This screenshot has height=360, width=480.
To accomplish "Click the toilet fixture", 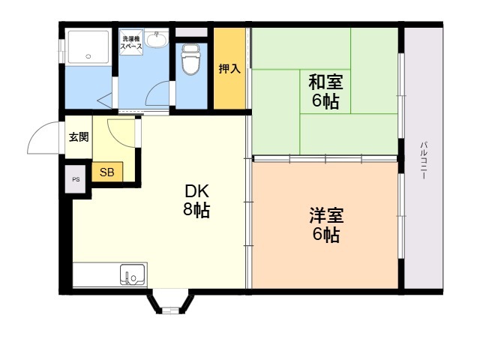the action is tap(190, 59).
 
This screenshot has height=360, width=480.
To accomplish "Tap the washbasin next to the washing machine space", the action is tap(156, 39).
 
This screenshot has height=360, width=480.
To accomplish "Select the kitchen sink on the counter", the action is tap(132, 274).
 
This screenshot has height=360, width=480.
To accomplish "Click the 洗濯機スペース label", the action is tap(131, 43).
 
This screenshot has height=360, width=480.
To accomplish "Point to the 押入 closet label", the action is tap(229, 69).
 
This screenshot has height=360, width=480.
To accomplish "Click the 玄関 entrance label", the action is tap(79, 136).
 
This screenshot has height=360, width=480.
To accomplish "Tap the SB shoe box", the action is tap(107, 172).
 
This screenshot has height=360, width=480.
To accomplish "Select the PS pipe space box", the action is tap(75, 179).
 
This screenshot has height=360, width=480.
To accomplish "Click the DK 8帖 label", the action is tap(196, 201).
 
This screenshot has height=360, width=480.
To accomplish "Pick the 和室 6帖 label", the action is tap(325, 91).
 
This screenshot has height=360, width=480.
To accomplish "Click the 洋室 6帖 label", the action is tap(326, 225).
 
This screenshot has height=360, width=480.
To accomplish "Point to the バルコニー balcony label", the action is tap(424, 160).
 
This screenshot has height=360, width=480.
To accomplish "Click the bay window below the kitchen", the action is tap(170, 301).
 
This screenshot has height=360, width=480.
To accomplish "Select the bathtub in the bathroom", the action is tap(88, 46).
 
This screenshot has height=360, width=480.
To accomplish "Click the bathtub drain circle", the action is tap(88, 56).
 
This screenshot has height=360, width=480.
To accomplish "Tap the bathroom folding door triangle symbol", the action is tap(105, 100).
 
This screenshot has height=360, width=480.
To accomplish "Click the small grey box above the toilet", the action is tap(191, 32).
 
